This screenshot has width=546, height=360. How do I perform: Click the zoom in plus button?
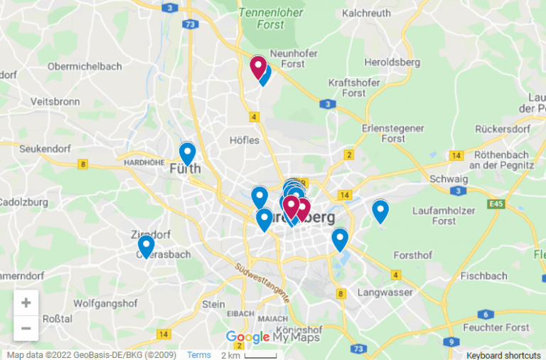(x=26, y=302)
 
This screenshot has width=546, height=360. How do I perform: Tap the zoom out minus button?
(x=26, y=328)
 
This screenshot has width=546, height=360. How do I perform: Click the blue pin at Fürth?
(x=187, y=154)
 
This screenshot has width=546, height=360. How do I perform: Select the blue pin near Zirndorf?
(x=146, y=246)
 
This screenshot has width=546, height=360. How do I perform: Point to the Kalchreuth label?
(x=366, y=13)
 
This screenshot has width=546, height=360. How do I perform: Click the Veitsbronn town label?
(x=55, y=101)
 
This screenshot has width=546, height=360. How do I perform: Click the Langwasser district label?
(x=385, y=292)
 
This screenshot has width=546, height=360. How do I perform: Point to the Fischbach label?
(x=483, y=275)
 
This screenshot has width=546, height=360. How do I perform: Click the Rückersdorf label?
(x=502, y=129)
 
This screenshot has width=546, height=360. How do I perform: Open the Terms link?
(x=199, y=354)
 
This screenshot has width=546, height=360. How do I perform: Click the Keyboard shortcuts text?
(x=503, y=354)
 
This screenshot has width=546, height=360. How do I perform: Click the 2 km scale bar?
(x=249, y=354)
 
